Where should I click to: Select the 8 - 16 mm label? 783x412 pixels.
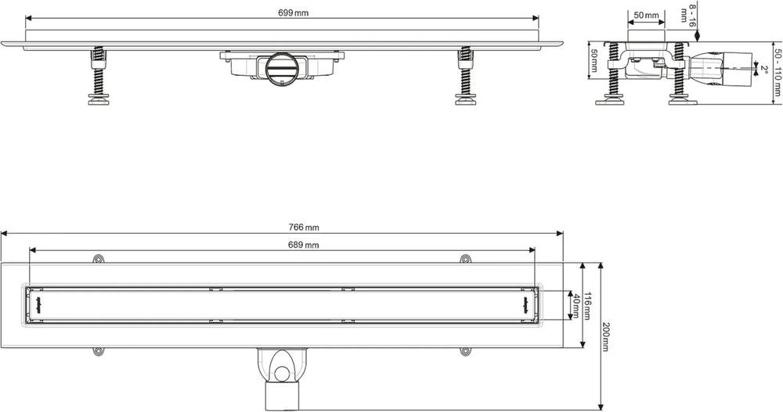(x=689, y=16)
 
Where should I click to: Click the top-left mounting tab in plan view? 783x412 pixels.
(x=98, y=259)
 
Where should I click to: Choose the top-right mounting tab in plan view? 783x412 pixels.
(x=465, y=259)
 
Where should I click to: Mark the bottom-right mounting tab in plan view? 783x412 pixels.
(x=465, y=352)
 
